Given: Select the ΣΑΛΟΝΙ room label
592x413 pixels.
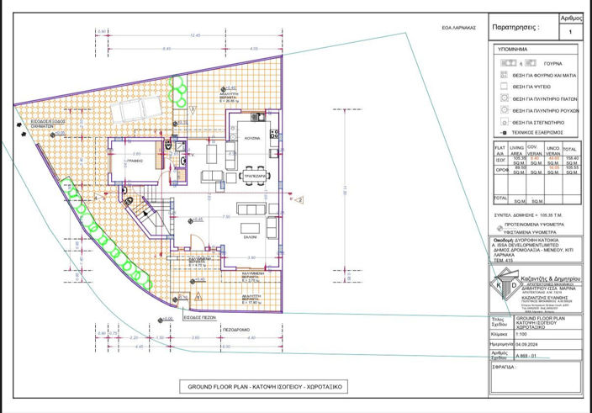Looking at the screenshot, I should [x=249, y=237].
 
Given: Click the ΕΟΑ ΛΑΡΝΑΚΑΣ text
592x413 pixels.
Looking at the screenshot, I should [x=459, y=28].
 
